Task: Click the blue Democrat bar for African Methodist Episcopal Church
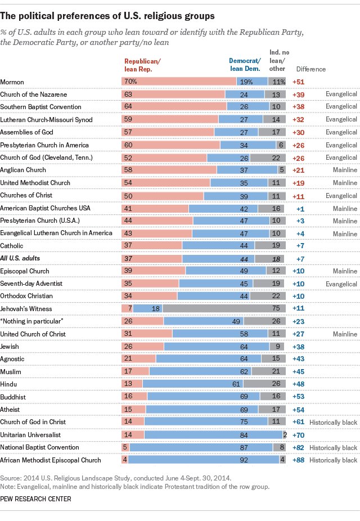click(204, 460)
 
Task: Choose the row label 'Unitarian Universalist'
click(30, 435)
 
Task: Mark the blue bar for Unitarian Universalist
click(213, 435)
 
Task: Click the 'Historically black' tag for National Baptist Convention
click(336, 448)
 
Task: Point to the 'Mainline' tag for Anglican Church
click(345, 170)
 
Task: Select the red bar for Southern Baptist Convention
click(174, 107)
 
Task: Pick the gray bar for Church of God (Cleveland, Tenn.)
click(269, 157)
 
